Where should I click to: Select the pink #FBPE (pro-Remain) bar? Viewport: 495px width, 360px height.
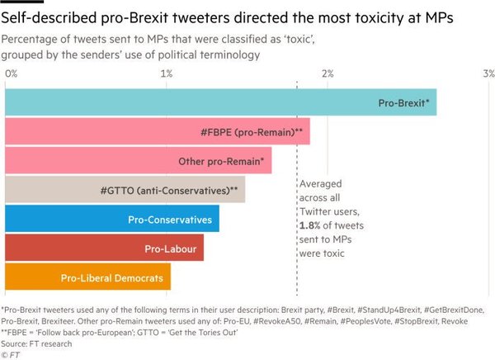point(158,131)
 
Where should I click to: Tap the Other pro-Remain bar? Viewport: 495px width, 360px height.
point(139,160)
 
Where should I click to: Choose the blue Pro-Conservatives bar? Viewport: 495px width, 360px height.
point(112,219)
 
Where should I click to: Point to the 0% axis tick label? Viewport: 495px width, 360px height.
point(12,73)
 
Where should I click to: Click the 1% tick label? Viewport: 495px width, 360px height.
point(167,73)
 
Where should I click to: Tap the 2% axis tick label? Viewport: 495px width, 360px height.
point(327,73)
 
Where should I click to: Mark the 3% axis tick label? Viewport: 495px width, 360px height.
point(488,73)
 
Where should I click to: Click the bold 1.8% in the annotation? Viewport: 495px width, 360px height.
point(311,225)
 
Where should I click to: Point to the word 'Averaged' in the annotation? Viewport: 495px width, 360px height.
point(320,184)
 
